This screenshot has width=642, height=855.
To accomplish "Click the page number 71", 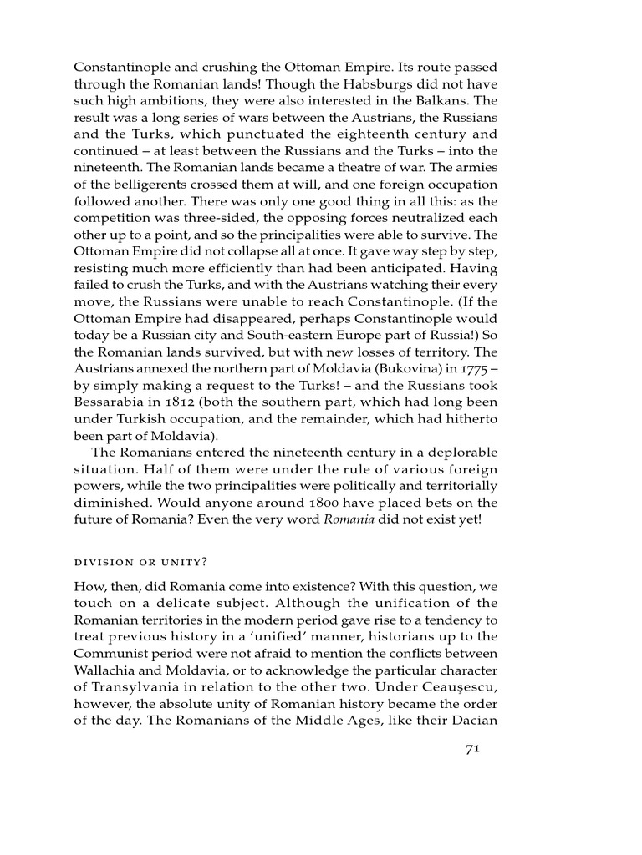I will pyautogui.click(x=471, y=749).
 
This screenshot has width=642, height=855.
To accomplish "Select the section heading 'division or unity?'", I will pyautogui.click(x=141, y=561).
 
